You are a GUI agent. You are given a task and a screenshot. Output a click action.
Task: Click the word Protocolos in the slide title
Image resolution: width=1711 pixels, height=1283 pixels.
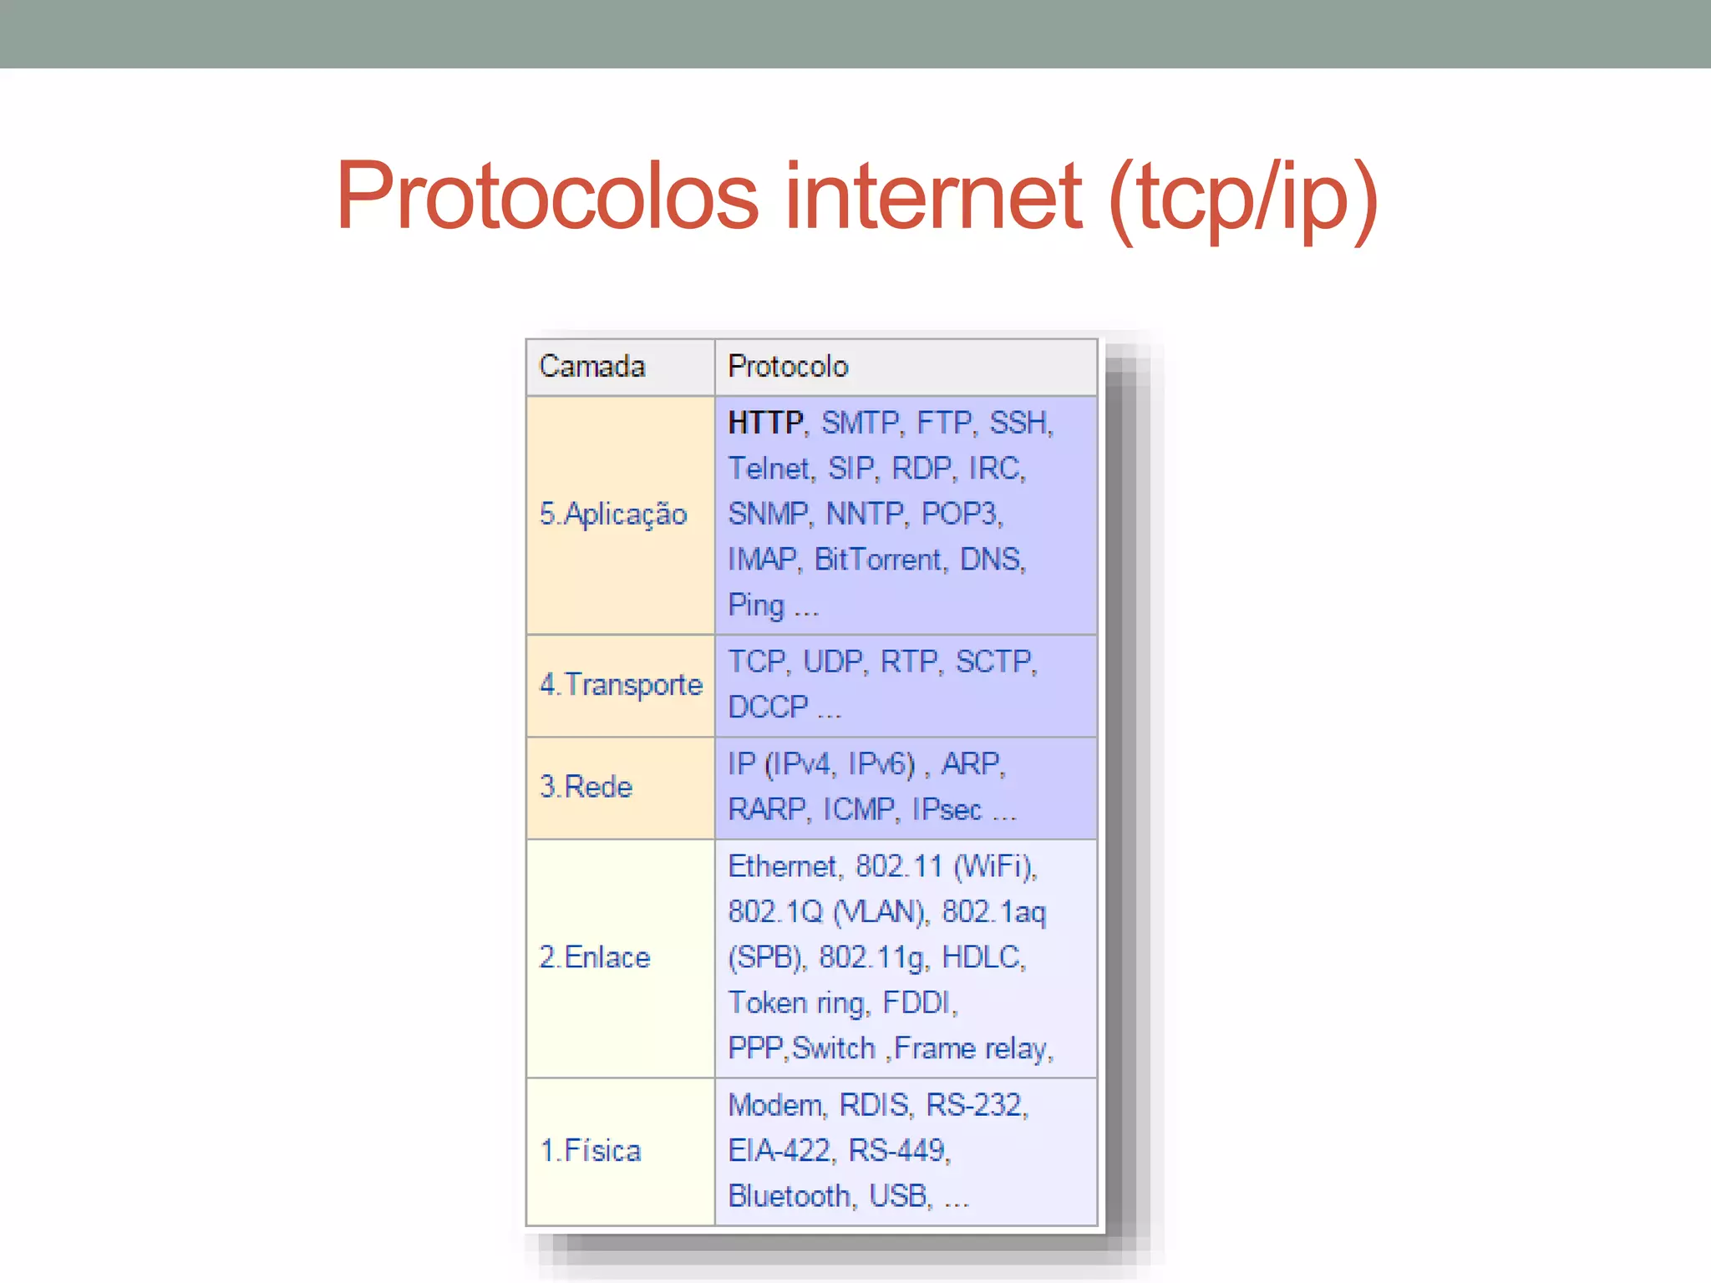pos(547,196)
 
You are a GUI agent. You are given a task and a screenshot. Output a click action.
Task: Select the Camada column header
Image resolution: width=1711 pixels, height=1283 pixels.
pos(592,367)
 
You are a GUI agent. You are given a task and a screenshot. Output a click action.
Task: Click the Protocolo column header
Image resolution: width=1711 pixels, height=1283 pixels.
pos(788,367)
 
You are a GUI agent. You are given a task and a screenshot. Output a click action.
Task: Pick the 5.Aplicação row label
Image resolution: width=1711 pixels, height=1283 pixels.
pos(613,514)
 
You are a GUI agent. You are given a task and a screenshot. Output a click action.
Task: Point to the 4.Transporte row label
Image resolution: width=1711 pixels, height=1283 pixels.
pos(621,685)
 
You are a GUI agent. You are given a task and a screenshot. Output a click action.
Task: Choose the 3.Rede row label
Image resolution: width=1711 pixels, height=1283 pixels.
pos(586,787)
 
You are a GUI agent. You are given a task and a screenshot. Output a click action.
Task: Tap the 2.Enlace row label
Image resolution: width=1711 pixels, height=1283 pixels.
pos(595,957)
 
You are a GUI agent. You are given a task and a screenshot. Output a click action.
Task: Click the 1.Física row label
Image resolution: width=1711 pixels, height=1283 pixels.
pos(591,1151)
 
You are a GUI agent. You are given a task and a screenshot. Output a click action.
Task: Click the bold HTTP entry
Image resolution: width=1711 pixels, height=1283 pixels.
pos(765,423)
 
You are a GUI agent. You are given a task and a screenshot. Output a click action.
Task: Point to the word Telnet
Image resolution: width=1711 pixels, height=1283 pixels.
pos(770,469)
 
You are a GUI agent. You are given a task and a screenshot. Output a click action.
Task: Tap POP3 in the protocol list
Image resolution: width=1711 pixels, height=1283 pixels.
pos(961,514)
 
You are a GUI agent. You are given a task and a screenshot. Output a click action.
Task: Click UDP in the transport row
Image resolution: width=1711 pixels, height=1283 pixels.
pos(833,662)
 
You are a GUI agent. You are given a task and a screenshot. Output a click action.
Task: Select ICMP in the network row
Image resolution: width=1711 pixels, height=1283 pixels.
pos(860,809)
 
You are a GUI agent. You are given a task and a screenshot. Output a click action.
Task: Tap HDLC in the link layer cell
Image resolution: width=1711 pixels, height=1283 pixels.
pos(982,957)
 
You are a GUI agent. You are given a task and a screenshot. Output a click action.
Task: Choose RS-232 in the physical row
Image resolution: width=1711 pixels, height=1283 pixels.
pos(975,1105)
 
